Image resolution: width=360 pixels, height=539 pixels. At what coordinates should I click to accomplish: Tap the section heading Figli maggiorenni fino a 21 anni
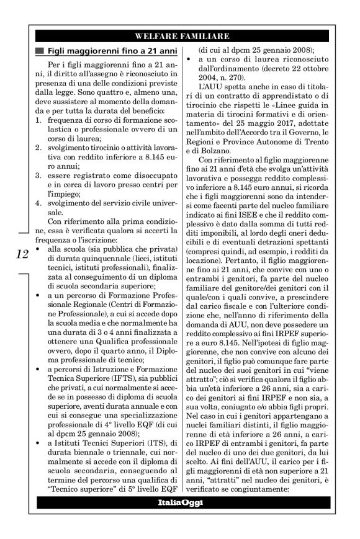pos(108,51)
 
